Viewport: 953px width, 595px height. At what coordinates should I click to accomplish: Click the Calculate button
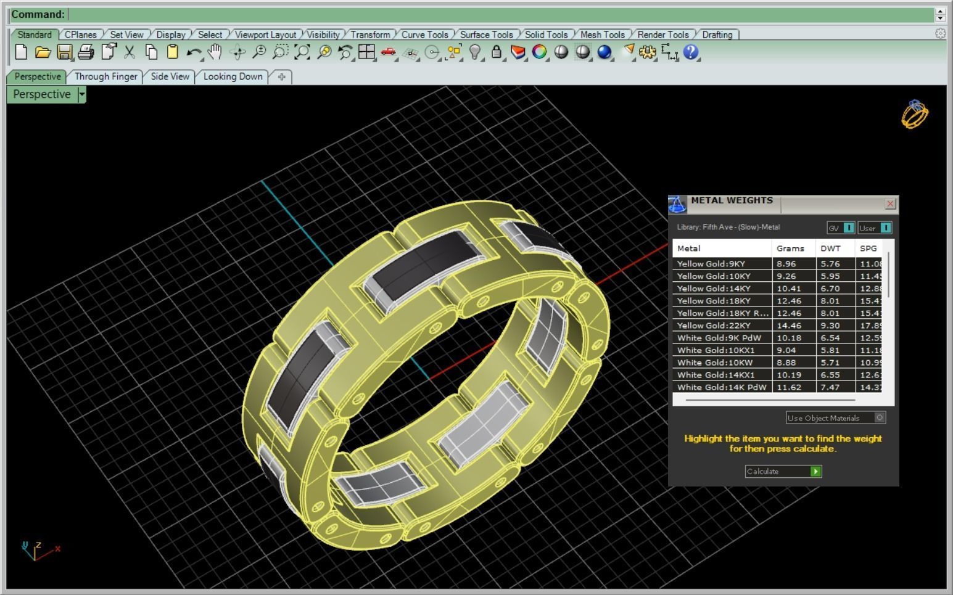(x=783, y=472)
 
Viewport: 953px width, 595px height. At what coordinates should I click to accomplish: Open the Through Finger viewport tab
(x=105, y=76)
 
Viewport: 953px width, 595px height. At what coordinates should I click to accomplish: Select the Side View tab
(x=170, y=76)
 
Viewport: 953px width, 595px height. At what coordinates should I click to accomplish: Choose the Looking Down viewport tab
(x=233, y=76)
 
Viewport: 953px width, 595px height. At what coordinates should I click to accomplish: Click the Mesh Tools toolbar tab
(x=602, y=35)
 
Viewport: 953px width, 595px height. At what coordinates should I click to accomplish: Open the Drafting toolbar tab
(x=717, y=35)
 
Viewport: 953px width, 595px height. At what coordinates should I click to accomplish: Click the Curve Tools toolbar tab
(x=424, y=35)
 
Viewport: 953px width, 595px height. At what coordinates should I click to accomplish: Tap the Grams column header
(x=790, y=248)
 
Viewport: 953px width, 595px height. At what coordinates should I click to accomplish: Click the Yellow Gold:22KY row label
(x=714, y=326)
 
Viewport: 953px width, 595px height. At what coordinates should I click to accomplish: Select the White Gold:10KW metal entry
(x=714, y=363)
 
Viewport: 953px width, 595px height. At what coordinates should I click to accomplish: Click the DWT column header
(x=830, y=248)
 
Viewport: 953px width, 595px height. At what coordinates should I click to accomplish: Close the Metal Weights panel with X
(x=890, y=203)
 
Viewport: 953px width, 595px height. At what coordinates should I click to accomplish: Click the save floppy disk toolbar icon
(x=64, y=52)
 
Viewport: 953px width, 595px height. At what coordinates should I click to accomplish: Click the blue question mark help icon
(x=691, y=52)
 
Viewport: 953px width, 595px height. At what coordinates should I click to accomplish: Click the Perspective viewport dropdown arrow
(x=81, y=94)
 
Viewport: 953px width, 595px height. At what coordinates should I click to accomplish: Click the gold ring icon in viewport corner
(x=915, y=114)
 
